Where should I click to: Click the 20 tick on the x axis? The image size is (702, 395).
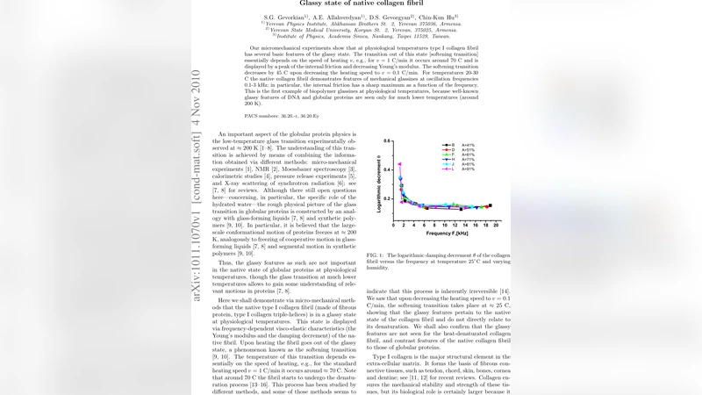tap(497, 226)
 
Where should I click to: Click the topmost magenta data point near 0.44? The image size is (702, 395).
tap(400, 164)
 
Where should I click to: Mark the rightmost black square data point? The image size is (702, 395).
tap(491, 205)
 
